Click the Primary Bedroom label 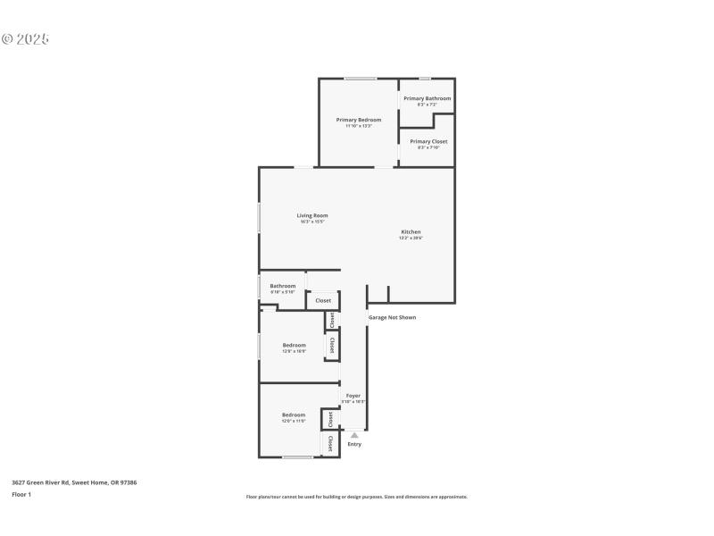click(x=359, y=120)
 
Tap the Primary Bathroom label click(x=427, y=98)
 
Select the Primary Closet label click(x=428, y=141)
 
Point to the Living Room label click(x=312, y=215)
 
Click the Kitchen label click(x=411, y=231)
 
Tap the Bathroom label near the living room click(x=283, y=286)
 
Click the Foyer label click(x=353, y=395)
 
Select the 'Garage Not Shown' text click(x=392, y=317)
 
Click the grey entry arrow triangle click(x=354, y=435)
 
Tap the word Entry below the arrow click(x=354, y=444)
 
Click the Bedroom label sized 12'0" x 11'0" click(x=294, y=415)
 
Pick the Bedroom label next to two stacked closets click(x=295, y=345)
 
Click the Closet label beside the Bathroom click(x=323, y=300)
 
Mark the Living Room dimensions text click(x=312, y=222)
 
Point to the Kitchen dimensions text click(x=411, y=238)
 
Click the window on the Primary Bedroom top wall click(x=361, y=79)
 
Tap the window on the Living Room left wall click(x=260, y=218)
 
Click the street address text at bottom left click(x=74, y=482)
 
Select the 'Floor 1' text click(x=21, y=494)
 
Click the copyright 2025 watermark click(x=25, y=39)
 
